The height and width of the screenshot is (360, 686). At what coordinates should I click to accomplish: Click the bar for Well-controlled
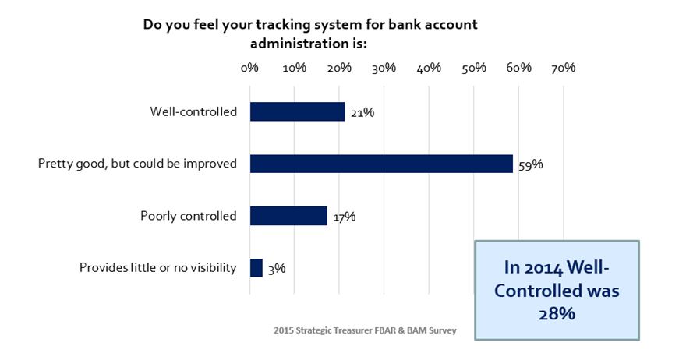pyautogui.click(x=297, y=111)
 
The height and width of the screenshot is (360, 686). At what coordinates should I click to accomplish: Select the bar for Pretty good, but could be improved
pyautogui.click(x=381, y=164)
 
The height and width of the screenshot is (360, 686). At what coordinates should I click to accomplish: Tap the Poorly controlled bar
pyautogui.click(x=288, y=216)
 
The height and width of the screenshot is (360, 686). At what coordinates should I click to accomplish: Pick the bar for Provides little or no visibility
pyautogui.click(x=256, y=268)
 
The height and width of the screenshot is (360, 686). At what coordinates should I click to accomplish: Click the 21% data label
pyautogui.click(x=362, y=112)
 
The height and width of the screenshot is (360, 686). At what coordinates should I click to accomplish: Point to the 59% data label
pyautogui.click(x=531, y=164)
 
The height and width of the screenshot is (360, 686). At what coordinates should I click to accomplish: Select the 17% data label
pyautogui.click(x=345, y=217)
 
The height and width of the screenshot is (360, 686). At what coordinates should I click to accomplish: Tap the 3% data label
pyautogui.click(x=277, y=269)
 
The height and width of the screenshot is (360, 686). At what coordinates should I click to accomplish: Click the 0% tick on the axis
pyautogui.click(x=249, y=68)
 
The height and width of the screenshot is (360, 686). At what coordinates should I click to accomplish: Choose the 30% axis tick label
pyautogui.click(x=384, y=68)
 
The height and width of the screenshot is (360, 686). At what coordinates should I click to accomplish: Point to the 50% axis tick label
pyautogui.click(x=474, y=68)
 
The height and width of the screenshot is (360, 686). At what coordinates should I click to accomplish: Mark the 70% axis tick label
pyautogui.click(x=564, y=68)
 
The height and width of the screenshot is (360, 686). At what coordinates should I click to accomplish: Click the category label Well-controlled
pyautogui.click(x=193, y=111)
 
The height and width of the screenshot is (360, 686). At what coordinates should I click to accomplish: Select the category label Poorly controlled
pyautogui.click(x=189, y=216)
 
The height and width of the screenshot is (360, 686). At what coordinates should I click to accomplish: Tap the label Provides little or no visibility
pyautogui.click(x=158, y=267)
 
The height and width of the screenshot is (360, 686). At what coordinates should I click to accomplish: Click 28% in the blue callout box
pyautogui.click(x=557, y=313)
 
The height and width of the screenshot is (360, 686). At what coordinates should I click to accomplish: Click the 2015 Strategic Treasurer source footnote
pyautogui.click(x=366, y=330)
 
